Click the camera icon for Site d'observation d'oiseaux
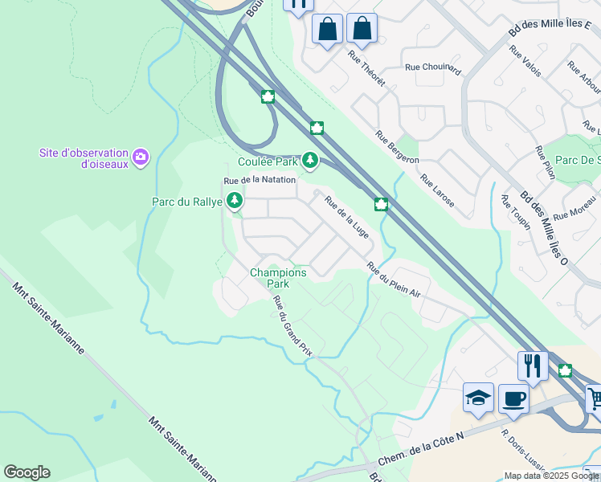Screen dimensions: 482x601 tap(141, 156)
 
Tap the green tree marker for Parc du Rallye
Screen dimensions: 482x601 tap(234, 200)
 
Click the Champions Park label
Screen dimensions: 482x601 tap(278, 278)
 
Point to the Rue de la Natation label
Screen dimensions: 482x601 tap(260, 180)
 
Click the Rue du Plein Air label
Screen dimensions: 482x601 tap(394, 280)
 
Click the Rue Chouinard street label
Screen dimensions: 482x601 tap(433, 70)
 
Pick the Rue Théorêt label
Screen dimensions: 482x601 tap(366, 68)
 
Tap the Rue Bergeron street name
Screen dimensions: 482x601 tap(397, 148)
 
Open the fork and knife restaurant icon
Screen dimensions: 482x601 tap(532, 366)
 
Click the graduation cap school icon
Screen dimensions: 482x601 tap(478, 398)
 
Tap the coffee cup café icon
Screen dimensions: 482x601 tap(513, 398)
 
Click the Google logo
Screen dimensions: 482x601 tap(27, 472)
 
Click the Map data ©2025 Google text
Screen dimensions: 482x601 tap(551, 476)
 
